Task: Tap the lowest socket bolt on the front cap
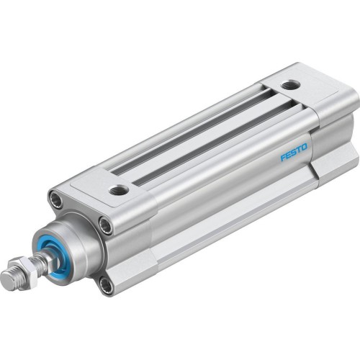coord(107,286)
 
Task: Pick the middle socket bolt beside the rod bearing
coord(105,227)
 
